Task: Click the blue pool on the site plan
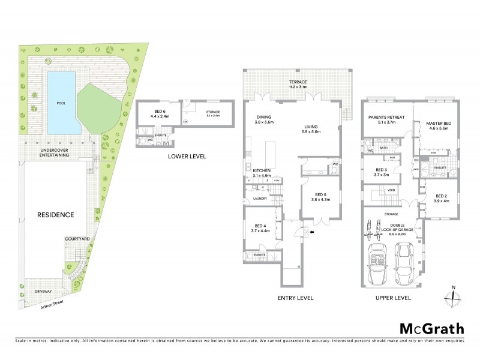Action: tap(61, 103)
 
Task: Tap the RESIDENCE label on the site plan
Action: tap(55, 214)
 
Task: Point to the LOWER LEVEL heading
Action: tap(186, 156)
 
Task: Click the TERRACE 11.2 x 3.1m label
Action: tap(298, 84)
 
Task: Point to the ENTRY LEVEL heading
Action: tap(296, 298)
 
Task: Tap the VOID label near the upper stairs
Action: tap(391, 190)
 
